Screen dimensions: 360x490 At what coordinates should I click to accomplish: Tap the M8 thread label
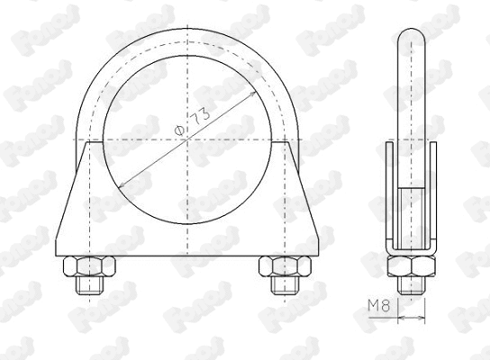point(378,306)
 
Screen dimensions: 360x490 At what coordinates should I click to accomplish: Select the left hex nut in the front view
point(86,267)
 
